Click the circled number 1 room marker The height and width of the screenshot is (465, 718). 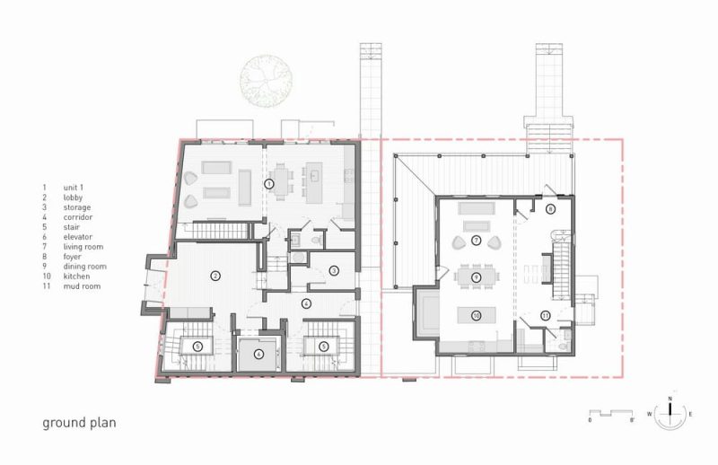click(x=269, y=184)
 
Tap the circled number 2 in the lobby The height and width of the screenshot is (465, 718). click(x=215, y=276)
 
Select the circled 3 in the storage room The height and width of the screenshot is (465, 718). click(x=334, y=271)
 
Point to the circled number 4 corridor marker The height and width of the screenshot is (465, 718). click(x=306, y=303)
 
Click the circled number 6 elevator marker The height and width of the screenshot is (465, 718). click(x=259, y=354)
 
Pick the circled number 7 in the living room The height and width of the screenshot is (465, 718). click(x=477, y=240)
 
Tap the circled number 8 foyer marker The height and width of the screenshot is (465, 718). click(x=551, y=209)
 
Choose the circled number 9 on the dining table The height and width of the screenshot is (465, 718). click(x=477, y=276)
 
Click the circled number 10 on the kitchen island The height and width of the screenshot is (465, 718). click(x=477, y=315)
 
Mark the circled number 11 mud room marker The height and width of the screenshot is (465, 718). click(x=545, y=315)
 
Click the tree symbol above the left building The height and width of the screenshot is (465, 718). click(x=266, y=81)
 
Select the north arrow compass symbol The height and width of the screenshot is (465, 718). click(x=670, y=413)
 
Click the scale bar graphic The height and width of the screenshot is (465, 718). click(x=611, y=413)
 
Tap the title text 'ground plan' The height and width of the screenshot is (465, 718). click(x=79, y=423)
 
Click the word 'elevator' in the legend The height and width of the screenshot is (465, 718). click(x=78, y=237)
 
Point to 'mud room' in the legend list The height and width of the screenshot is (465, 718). click(x=82, y=286)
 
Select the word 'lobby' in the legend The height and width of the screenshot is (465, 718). click(x=74, y=197)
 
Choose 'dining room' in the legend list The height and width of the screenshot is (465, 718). click(x=85, y=267)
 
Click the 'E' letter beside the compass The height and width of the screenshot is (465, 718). click(x=690, y=414)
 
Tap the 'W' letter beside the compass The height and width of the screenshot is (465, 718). click(x=649, y=414)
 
